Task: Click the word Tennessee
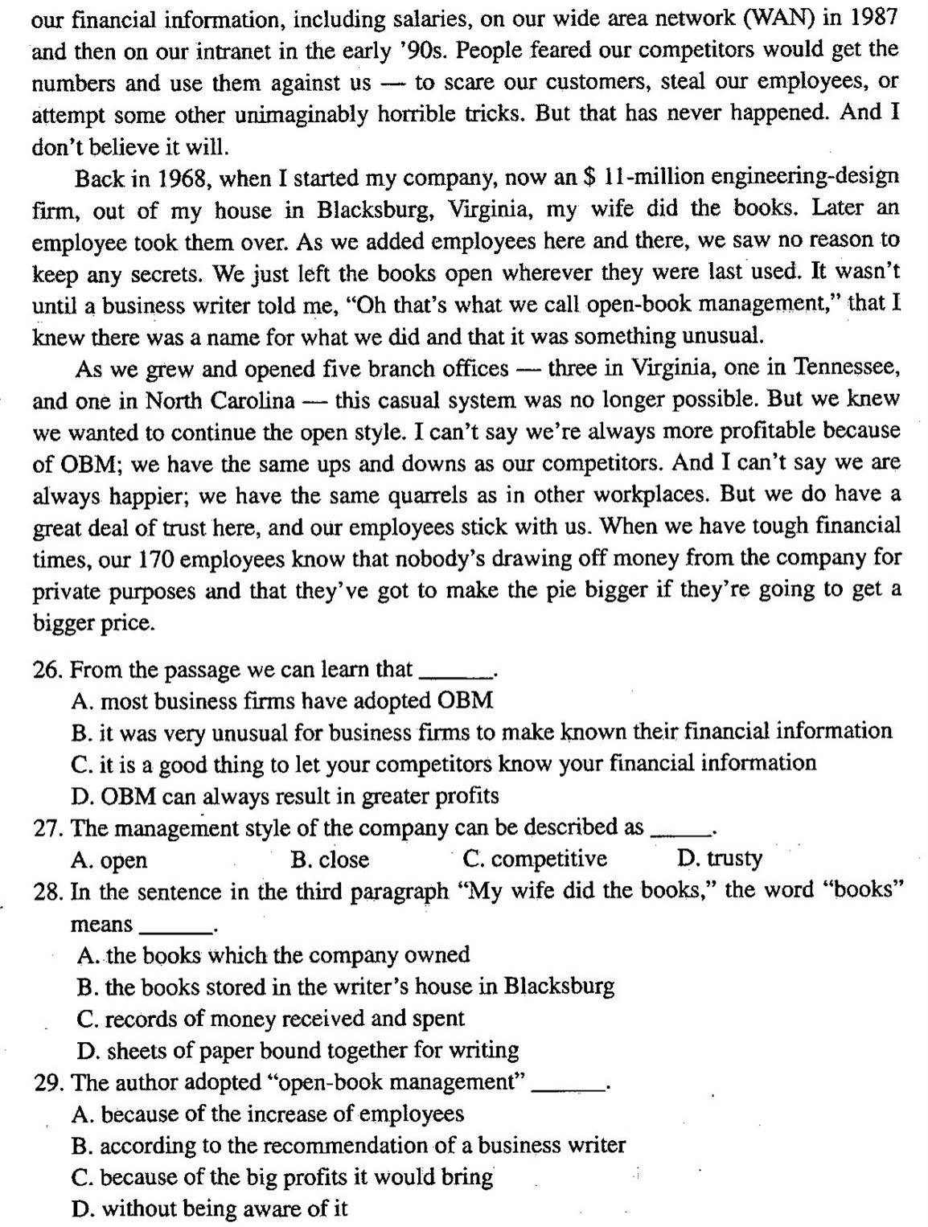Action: coord(847,367)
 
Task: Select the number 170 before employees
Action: coord(156,559)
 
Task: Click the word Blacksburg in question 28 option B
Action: coord(559,987)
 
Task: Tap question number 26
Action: coord(48,670)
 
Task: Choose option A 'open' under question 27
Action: coord(109,860)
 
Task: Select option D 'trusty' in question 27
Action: coord(720,859)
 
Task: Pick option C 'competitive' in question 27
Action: coord(535,859)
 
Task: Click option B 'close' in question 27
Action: coord(330,860)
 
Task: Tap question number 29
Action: coord(48,1082)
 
